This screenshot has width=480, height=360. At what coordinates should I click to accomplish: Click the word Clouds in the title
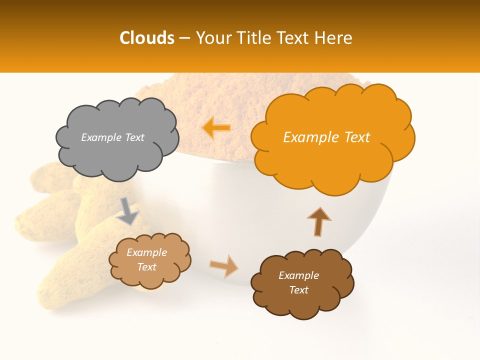[x=147, y=38]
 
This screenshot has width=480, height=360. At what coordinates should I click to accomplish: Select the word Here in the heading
[x=333, y=38]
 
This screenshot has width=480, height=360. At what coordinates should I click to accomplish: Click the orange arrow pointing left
[x=216, y=128]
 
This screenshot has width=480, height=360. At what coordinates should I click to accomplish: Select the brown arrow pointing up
[x=318, y=221]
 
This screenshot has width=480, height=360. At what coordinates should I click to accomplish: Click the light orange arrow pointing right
[x=224, y=265]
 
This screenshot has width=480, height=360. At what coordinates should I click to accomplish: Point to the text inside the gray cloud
[x=112, y=137]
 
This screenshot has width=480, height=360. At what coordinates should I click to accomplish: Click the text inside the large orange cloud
[x=326, y=137]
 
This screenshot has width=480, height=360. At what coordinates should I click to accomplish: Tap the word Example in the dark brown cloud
[x=298, y=275]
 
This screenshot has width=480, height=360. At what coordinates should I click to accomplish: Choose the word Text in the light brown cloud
[x=146, y=267]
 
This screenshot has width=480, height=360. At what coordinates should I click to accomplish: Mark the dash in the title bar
[x=184, y=38]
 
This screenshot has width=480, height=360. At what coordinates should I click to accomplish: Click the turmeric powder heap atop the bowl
[x=225, y=100]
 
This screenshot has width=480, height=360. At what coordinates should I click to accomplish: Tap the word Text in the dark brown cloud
[x=298, y=290]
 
